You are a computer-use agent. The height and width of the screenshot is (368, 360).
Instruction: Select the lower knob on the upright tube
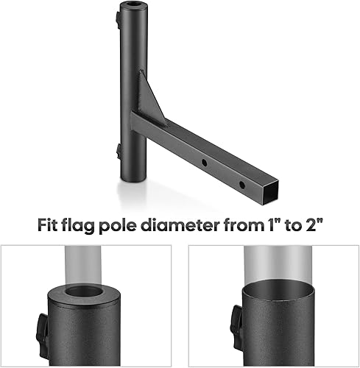pos(118,151)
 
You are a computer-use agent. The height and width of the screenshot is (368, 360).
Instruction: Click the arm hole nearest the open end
pos(241,163)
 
